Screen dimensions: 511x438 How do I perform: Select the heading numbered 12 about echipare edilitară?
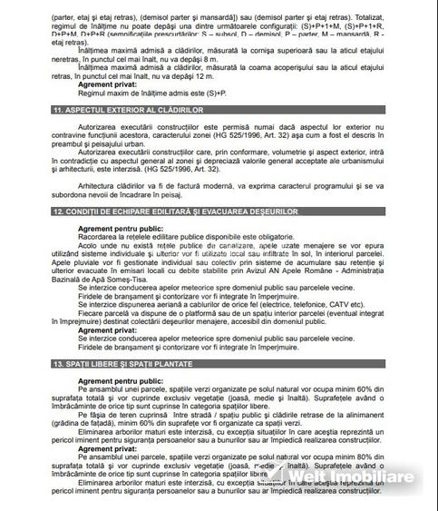tap(150, 211)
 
